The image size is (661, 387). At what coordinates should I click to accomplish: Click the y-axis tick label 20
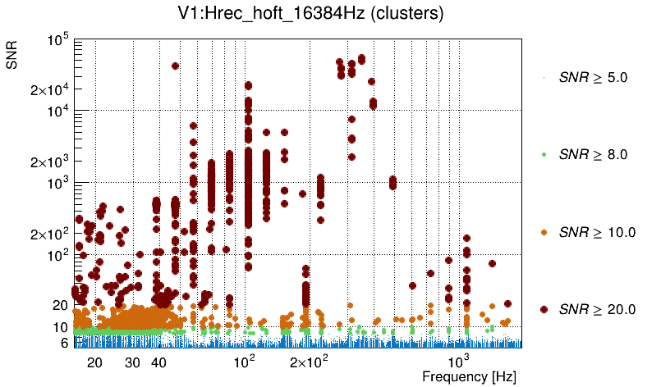click(58, 305)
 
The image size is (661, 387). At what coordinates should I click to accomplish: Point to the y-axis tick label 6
click(62, 343)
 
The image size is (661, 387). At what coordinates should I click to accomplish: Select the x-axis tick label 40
click(159, 362)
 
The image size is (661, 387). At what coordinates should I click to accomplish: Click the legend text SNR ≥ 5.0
click(592, 78)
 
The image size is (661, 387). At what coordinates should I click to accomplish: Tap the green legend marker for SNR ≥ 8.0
click(544, 154)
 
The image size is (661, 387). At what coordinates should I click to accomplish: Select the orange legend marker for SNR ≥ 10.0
click(544, 232)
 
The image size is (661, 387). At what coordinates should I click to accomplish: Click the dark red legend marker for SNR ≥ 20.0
click(544, 309)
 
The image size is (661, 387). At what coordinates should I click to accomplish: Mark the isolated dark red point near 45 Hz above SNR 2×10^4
click(175, 66)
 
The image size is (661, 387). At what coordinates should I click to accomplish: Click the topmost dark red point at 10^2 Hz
click(248, 85)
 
